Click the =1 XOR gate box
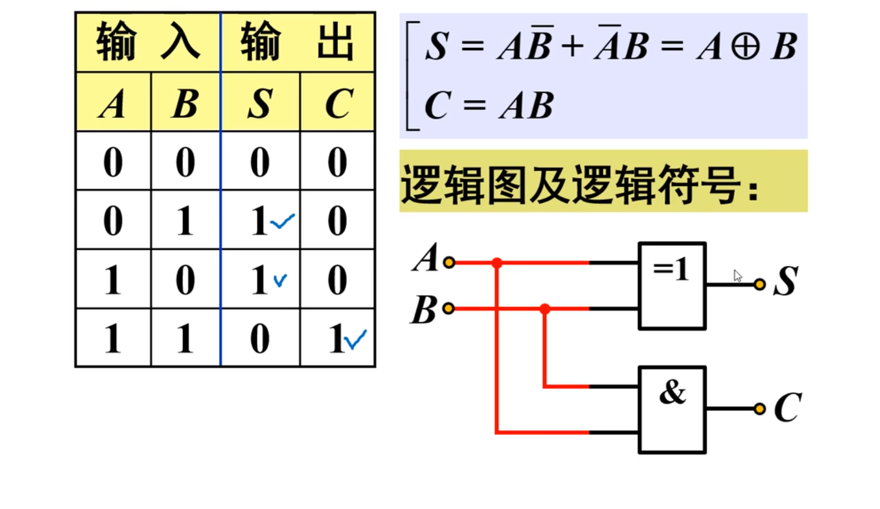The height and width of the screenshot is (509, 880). point(672,286)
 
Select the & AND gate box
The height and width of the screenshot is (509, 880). point(672,410)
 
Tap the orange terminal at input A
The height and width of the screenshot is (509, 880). point(449,262)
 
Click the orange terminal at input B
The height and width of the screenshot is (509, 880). point(448,309)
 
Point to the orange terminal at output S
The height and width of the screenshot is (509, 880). point(759,284)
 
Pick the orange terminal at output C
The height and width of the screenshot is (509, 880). point(759,409)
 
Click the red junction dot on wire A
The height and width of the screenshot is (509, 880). point(497,262)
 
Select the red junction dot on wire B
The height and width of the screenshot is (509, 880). point(544,309)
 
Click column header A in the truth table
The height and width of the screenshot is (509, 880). point(113,104)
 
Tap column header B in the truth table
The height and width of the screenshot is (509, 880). point(185,104)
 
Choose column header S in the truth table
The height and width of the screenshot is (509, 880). point(260,104)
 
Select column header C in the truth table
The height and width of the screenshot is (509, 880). point(338,104)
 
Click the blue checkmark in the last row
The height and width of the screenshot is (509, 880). point(355,340)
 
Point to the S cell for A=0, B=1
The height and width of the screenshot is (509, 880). point(260,220)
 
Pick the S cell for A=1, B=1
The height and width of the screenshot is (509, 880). point(260,338)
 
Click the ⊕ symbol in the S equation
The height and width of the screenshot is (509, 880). point(745,47)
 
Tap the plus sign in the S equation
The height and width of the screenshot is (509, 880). point(572,47)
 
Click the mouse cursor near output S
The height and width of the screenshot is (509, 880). point(738,276)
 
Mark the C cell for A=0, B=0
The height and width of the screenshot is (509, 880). point(337,162)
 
